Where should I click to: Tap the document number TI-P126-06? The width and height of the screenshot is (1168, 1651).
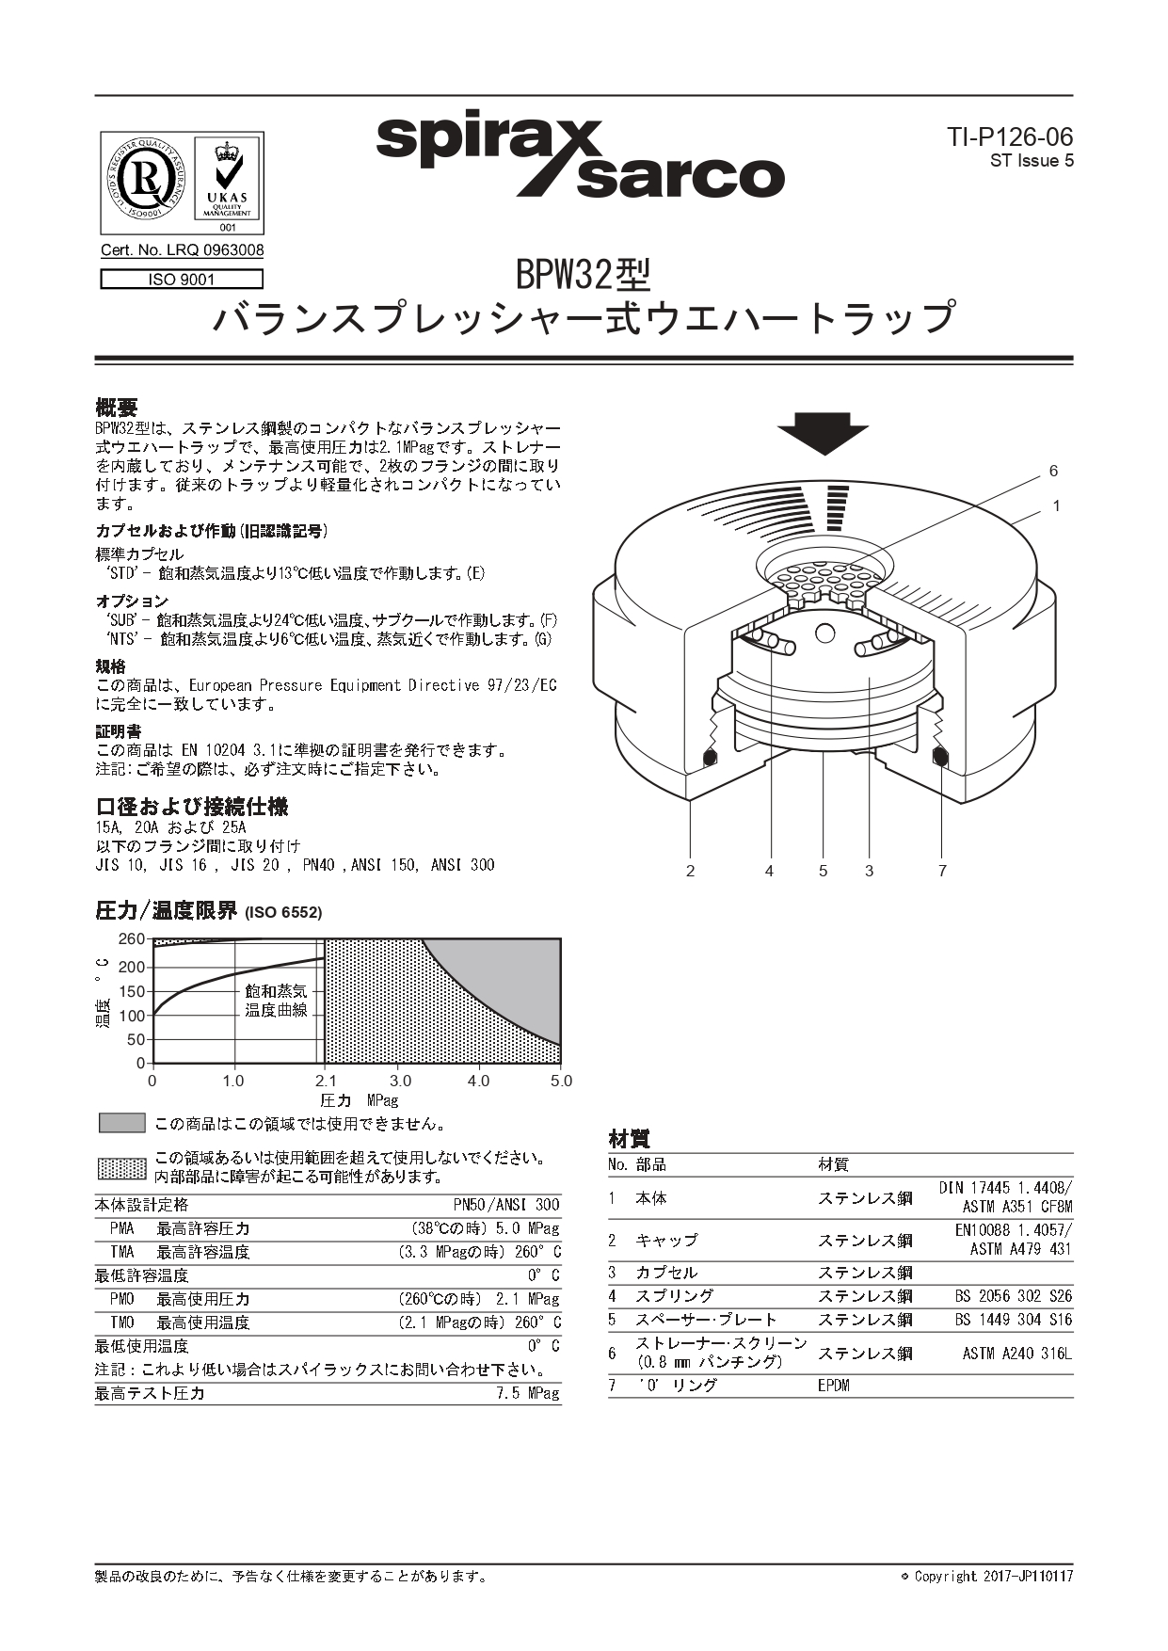tap(1010, 137)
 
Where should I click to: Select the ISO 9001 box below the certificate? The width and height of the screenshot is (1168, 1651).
tap(182, 280)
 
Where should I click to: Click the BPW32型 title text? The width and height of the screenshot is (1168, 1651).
tap(584, 275)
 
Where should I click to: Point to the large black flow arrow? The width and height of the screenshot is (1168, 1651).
tap(823, 433)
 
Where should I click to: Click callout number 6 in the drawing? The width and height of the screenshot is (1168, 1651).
tap(1053, 472)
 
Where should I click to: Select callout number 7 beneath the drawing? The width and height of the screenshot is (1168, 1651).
tap(942, 871)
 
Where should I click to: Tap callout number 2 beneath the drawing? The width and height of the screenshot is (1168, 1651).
tap(690, 871)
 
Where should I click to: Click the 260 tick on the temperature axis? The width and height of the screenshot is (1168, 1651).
tap(132, 939)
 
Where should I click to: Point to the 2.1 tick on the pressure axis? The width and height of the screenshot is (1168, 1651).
tap(326, 1081)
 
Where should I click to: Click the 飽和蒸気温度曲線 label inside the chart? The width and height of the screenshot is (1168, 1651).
tap(276, 1001)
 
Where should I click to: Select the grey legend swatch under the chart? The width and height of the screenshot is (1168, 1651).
tap(122, 1123)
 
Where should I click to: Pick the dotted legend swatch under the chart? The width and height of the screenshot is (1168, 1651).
tap(122, 1168)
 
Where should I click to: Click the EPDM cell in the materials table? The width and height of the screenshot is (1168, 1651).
tap(834, 1386)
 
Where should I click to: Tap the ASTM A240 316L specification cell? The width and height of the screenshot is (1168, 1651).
tap(1016, 1354)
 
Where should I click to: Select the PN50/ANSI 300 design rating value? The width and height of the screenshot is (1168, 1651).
tap(506, 1205)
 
